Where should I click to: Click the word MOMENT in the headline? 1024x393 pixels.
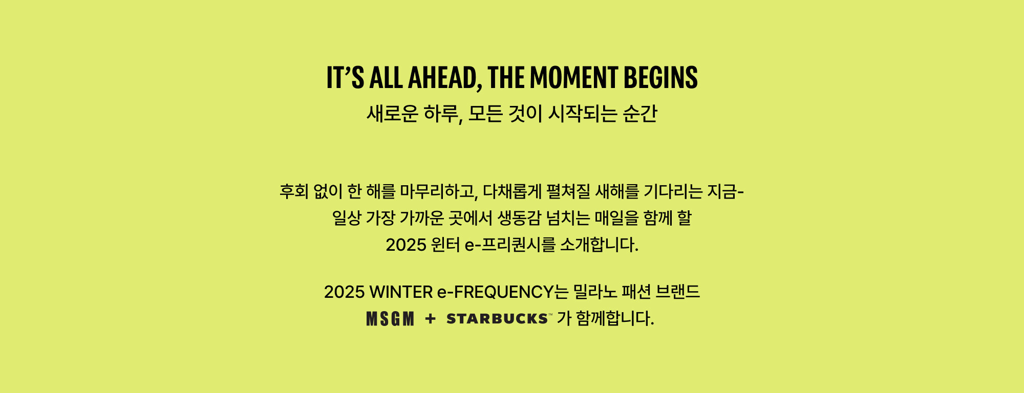pos(574,78)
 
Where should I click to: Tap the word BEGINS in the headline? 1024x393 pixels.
pos(660,78)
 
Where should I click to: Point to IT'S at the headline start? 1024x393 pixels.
pos(345,78)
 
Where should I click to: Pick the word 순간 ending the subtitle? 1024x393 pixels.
pos(640,114)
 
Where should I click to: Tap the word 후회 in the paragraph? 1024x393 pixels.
pos(294,191)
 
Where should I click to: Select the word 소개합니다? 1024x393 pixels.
pos(599,245)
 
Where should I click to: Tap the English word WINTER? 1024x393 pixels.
pos(401,292)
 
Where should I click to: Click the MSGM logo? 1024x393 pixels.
pos(390,319)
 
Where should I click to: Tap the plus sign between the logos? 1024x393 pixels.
pos(430,319)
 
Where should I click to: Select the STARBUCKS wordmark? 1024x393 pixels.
pos(498,319)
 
